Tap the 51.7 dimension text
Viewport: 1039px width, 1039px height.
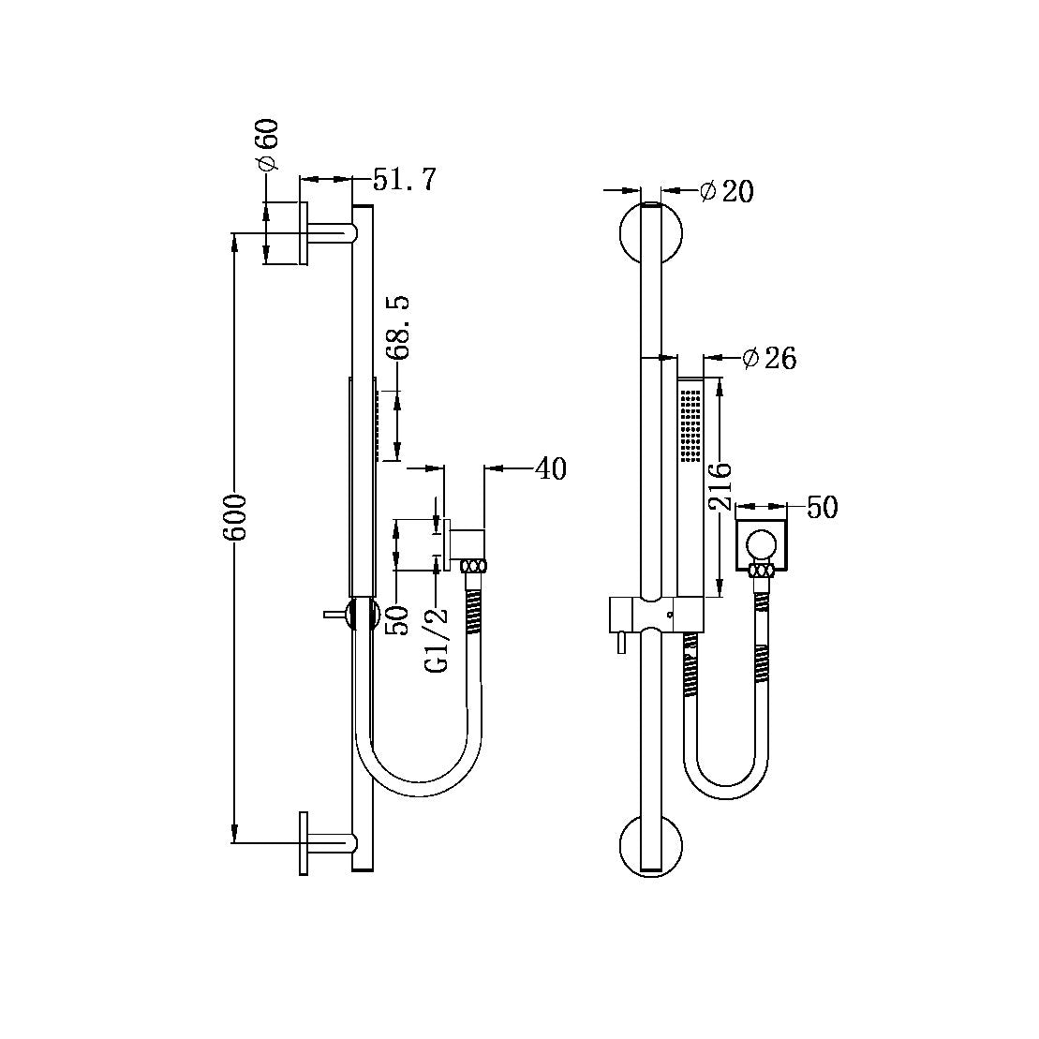405,179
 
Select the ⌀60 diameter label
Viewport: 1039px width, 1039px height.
266,144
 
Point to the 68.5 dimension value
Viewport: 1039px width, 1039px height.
399,327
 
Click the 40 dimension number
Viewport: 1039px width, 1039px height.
550,468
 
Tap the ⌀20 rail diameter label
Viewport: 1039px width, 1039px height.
726,191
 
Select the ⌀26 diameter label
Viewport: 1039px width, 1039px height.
768,358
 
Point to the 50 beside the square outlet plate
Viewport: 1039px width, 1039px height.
822,508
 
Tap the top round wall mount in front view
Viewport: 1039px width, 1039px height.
652,233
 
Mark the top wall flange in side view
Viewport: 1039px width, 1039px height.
304,233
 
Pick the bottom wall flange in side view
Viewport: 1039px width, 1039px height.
304,843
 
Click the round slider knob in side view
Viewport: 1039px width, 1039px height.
361,615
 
